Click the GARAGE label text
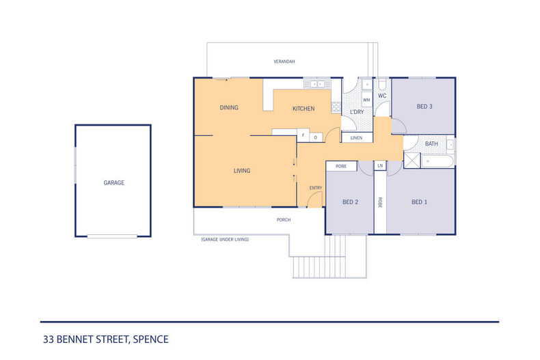click(113, 183)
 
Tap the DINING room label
click(228, 108)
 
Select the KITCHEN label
click(303, 109)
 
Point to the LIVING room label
click(242, 171)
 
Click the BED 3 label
click(424, 106)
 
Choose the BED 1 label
click(419, 202)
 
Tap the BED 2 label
click(350, 202)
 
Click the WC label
click(382, 96)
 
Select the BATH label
click(431, 144)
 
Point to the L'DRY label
click(356, 112)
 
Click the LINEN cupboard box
click(356, 138)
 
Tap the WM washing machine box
click(366, 100)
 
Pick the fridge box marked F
click(303, 135)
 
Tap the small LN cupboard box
click(379, 166)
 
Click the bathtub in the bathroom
click(437, 161)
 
